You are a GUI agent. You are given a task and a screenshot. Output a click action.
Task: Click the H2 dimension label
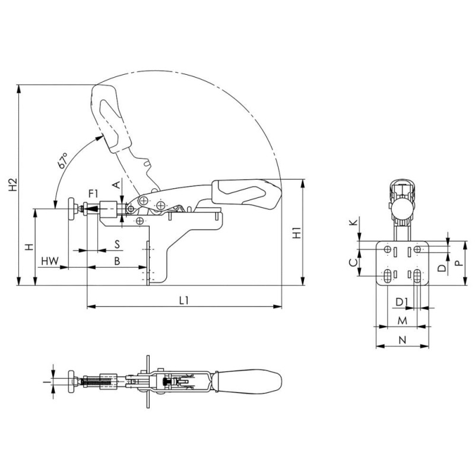coord(13,185)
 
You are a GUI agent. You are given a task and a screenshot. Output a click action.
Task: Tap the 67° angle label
coord(62,160)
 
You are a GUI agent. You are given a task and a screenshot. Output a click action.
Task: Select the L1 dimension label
coord(184,300)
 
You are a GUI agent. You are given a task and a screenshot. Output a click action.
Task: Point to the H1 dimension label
coord(296,232)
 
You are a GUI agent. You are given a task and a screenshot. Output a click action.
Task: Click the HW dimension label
coord(50,261)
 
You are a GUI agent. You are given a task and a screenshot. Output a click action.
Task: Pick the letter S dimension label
coord(117,244)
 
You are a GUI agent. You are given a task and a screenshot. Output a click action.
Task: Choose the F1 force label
coord(93,193)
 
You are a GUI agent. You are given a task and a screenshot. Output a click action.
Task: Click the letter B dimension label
coord(117,261)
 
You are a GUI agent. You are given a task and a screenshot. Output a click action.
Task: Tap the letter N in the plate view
coord(402,340)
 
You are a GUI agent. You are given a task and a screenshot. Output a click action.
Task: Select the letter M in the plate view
coord(402,320)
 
